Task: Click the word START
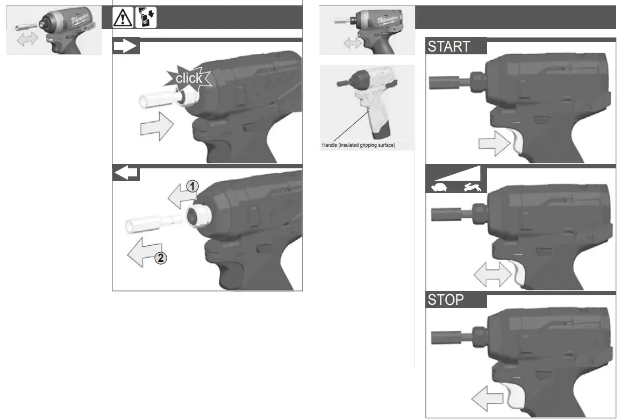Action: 448,47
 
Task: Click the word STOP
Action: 445,300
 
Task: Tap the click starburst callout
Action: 189,79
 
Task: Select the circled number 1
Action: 192,186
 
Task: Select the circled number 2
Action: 161,258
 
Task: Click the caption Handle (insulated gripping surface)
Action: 358,145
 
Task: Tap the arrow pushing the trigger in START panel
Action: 494,144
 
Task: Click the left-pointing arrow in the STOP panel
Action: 487,400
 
